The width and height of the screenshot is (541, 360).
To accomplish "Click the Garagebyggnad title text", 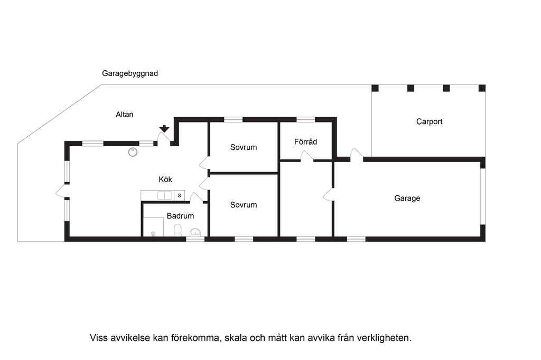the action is click(x=130, y=73).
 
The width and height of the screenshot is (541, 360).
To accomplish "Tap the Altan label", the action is click(x=124, y=115).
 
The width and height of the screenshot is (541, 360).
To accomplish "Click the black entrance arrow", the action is click(x=164, y=129).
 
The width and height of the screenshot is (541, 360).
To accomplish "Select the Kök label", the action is click(x=165, y=179).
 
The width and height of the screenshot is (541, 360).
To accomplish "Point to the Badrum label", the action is click(x=180, y=216).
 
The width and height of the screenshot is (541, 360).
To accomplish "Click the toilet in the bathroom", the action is click(x=178, y=230).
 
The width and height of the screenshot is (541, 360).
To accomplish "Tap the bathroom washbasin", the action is click(x=195, y=232).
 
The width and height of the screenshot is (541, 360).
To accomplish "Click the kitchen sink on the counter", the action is click(x=165, y=195).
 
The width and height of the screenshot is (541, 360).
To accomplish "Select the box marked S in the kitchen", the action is click(x=180, y=195).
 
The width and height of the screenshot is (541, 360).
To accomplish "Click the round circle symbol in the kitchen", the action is click(x=133, y=152).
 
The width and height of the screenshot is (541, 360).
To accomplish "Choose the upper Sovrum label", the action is click(x=244, y=147).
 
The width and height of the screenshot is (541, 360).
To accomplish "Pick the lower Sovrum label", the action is click(x=244, y=205).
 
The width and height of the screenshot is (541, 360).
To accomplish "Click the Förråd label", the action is click(x=306, y=141).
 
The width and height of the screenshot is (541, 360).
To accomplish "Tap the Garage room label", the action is click(x=407, y=198).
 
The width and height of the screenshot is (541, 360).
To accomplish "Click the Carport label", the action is click(x=429, y=121).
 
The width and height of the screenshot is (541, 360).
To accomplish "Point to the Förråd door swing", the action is click(x=307, y=156).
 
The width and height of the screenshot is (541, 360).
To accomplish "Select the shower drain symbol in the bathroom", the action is click(x=153, y=234).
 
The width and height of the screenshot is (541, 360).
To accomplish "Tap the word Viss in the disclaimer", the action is click(x=99, y=338).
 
